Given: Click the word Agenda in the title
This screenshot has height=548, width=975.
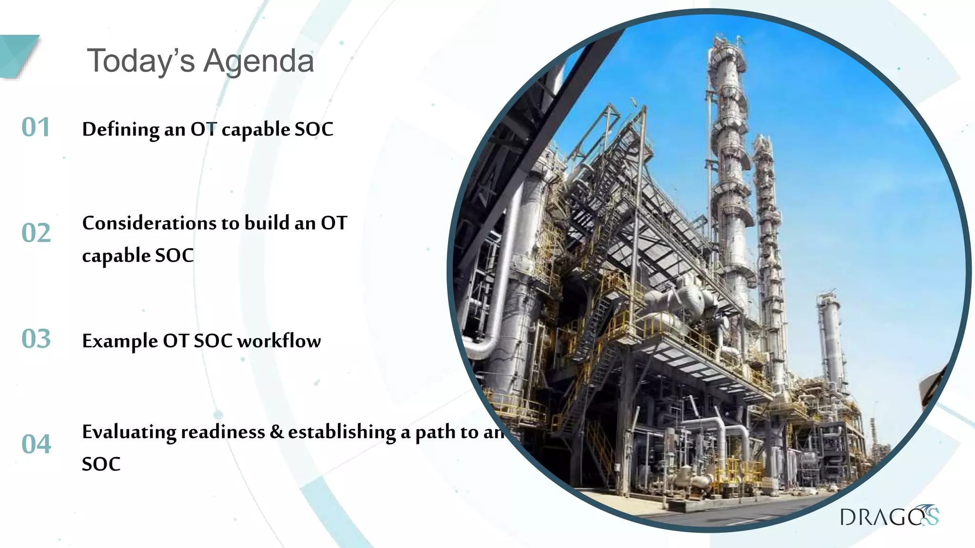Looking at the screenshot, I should pyautogui.click(x=259, y=62).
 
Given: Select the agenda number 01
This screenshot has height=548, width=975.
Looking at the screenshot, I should pyautogui.click(x=36, y=127).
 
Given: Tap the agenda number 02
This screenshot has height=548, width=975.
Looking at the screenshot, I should pyautogui.click(x=36, y=233).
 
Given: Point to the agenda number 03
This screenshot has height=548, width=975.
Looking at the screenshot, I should pyautogui.click(x=36, y=339).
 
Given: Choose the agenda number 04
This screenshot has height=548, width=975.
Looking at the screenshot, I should pyautogui.click(x=36, y=444).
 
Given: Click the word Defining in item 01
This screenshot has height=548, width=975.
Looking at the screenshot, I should pyautogui.click(x=120, y=129).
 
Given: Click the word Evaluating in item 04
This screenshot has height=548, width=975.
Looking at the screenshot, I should pyautogui.click(x=129, y=432).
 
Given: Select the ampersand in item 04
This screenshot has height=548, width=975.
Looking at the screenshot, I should pyautogui.click(x=277, y=432).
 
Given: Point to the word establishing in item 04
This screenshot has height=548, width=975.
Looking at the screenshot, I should pyautogui.click(x=342, y=432).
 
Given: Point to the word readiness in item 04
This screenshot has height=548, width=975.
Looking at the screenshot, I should pyautogui.click(x=222, y=432).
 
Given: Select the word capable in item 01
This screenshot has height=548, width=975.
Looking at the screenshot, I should pyautogui.click(x=256, y=130).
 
